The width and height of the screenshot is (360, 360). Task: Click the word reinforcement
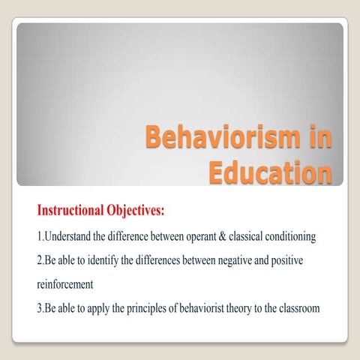(x=65, y=284)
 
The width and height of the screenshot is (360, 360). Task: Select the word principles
(x=152, y=308)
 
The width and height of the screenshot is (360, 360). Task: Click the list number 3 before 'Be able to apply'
(x=40, y=308)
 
